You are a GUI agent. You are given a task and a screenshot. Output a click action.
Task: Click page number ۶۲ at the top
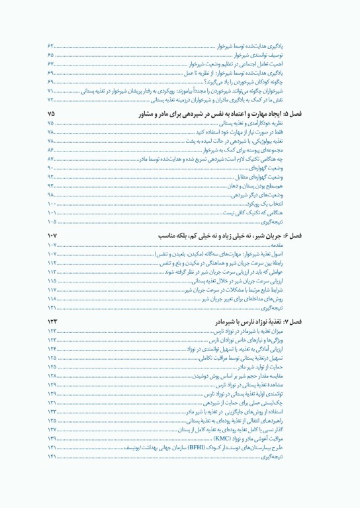click(x=51, y=45)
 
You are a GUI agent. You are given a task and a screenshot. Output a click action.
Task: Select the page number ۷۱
click(x=51, y=91)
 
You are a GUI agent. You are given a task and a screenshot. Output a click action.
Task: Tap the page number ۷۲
click(x=51, y=99)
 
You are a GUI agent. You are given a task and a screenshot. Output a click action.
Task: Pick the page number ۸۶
click(x=51, y=151)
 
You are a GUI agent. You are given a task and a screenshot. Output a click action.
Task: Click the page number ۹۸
click(x=51, y=195)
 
